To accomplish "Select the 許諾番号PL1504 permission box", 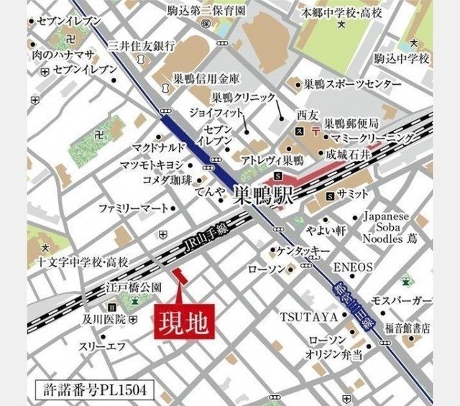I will point(93,390).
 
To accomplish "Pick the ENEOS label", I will point(354,267).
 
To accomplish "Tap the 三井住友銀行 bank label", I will point(141,46).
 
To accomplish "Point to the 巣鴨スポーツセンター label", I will point(352,84).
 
